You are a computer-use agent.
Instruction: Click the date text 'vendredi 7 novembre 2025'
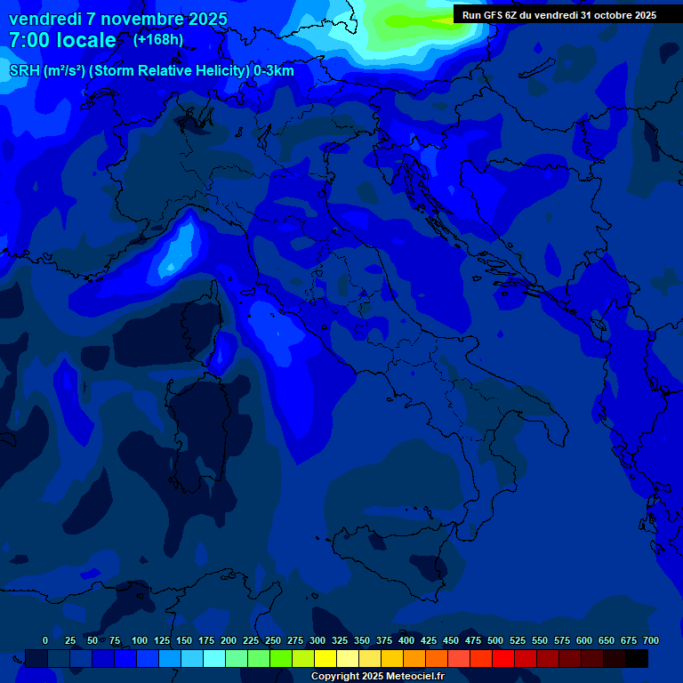117,19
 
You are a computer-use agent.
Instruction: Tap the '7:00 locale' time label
62,40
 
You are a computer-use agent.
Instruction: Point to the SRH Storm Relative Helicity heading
151,71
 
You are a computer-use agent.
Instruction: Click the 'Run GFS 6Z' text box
559,14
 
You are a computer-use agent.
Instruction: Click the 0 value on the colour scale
45,640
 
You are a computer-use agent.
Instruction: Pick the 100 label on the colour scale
140,640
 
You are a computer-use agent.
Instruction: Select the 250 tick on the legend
273,640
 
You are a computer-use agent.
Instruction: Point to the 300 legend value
317,640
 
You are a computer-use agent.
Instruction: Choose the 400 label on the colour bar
406,640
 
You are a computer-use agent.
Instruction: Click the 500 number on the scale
495,640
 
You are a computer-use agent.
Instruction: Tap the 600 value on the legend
584,640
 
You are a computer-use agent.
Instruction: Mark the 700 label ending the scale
650,640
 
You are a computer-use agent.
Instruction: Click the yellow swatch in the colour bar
325,658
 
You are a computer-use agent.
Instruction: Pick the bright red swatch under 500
503,658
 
